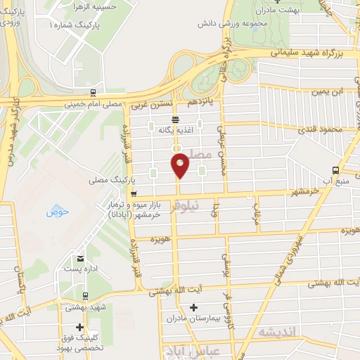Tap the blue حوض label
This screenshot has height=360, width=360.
point(55,211)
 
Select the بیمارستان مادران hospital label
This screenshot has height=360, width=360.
point(189,319)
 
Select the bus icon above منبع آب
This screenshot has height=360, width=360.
point(335,169)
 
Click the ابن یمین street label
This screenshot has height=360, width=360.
point(331,91)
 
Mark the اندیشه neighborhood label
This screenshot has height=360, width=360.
point(279,331)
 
